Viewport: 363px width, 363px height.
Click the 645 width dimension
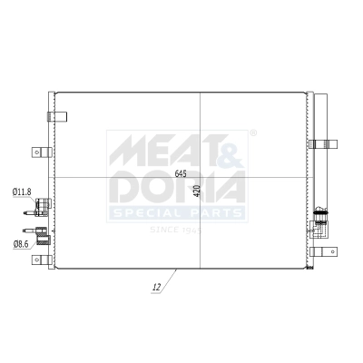pyautogui.click(x=181, y=173)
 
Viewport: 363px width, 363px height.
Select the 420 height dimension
pyautogui.click(x=197, y=191)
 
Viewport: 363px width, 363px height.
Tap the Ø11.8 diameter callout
pyautogui.click(x=22, y=191)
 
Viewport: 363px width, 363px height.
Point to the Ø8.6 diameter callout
pyautogui.click(x=21, y=244)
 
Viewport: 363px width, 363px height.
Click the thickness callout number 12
pyautogui.click(x=157, y=287)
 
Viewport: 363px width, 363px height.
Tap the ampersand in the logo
pyautogui.click(x=231, y=151)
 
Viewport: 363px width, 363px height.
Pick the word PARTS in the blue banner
pyautogui.click(x=213, y=213)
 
